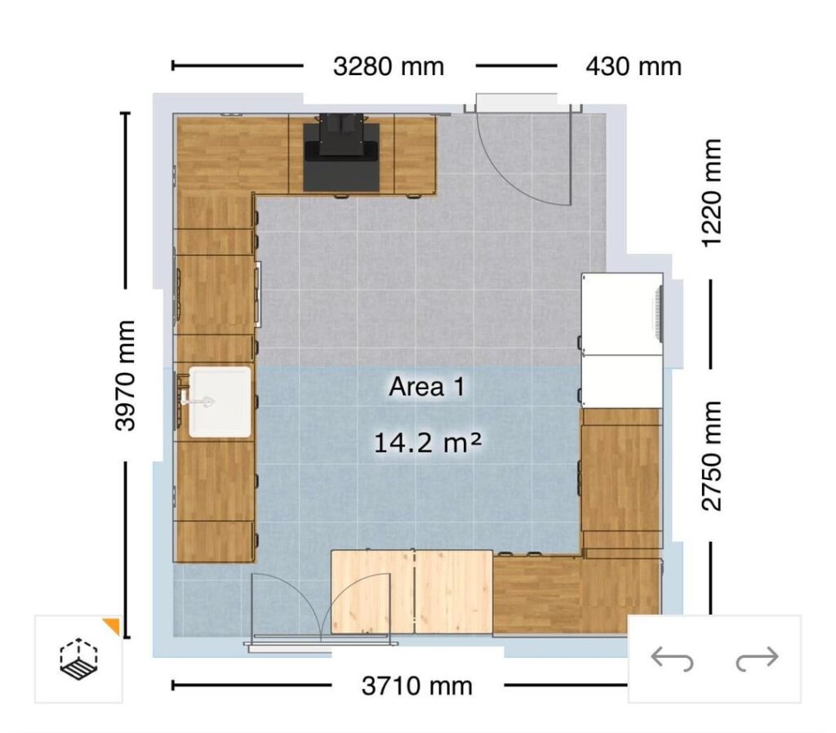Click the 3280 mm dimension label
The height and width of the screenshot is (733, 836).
point(389,66)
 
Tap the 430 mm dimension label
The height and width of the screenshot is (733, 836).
point(633,66)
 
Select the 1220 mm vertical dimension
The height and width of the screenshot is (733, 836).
point(711,193)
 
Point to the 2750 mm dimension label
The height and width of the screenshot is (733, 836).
point(711,455)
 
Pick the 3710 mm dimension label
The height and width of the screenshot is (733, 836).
point(416,686)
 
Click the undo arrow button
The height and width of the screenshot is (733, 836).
point(672,659)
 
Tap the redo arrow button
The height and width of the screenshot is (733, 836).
point(757,659)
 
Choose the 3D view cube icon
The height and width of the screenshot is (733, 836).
point(78,656)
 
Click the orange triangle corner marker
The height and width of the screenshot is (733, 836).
point(112,626)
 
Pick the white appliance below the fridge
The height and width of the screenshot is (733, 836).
point(620,381)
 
